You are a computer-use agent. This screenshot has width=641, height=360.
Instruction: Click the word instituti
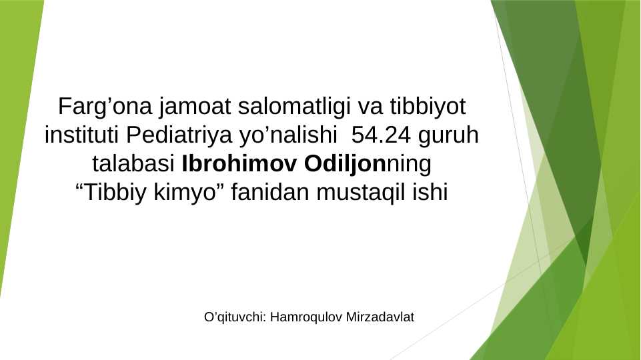click(81, 135)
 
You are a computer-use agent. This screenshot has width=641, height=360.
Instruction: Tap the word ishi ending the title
click(432, 193)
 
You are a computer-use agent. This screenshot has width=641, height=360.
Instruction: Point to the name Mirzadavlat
click(380, 317)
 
